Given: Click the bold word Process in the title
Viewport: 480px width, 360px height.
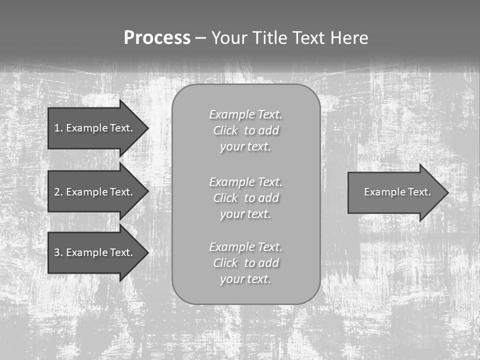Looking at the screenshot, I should (157, 38).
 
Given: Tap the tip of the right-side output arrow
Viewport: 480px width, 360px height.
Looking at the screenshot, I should (447, 192).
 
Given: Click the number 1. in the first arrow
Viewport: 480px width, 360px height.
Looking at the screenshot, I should (58, 128).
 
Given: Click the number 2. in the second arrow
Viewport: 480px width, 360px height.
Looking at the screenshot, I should (58, 192).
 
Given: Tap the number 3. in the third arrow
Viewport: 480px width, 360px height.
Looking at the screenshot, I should (58, 252).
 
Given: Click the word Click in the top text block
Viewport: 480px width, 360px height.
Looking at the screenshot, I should (225, 131).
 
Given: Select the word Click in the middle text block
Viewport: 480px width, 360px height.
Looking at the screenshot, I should (225, 198).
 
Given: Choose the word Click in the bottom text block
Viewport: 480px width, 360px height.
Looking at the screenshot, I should (225, 263).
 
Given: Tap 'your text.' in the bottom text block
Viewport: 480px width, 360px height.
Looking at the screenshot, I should (245, 279).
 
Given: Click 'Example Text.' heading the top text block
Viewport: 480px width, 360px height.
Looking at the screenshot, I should (245, 114).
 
